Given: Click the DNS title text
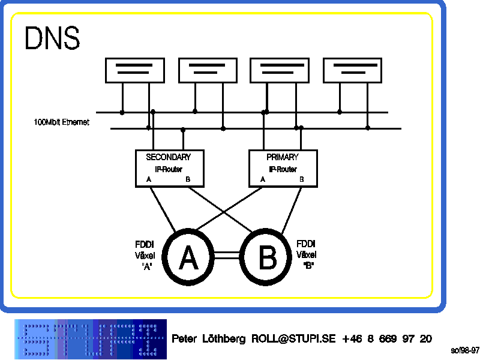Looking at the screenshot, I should click(52, 38).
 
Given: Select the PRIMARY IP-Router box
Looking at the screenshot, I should click(283, 168).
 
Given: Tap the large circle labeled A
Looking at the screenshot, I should click(188, 258).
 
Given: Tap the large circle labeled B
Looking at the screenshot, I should click(267, 258).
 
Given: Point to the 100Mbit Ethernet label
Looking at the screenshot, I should click(62, 122).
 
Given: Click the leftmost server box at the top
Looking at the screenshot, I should click(135, 70).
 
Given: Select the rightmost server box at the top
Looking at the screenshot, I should click(353, 70).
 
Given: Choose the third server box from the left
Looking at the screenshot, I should click(280, 70).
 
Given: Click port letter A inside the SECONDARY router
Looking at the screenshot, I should click(149, 179).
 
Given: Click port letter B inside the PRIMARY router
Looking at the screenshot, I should click(301, 179).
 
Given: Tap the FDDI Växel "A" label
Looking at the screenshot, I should click(145, 255).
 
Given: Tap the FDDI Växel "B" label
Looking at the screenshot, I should click(307, 254).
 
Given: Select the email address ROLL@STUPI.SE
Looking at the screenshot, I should click(293, 339).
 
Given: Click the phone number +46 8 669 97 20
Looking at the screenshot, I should click(386, 339).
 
